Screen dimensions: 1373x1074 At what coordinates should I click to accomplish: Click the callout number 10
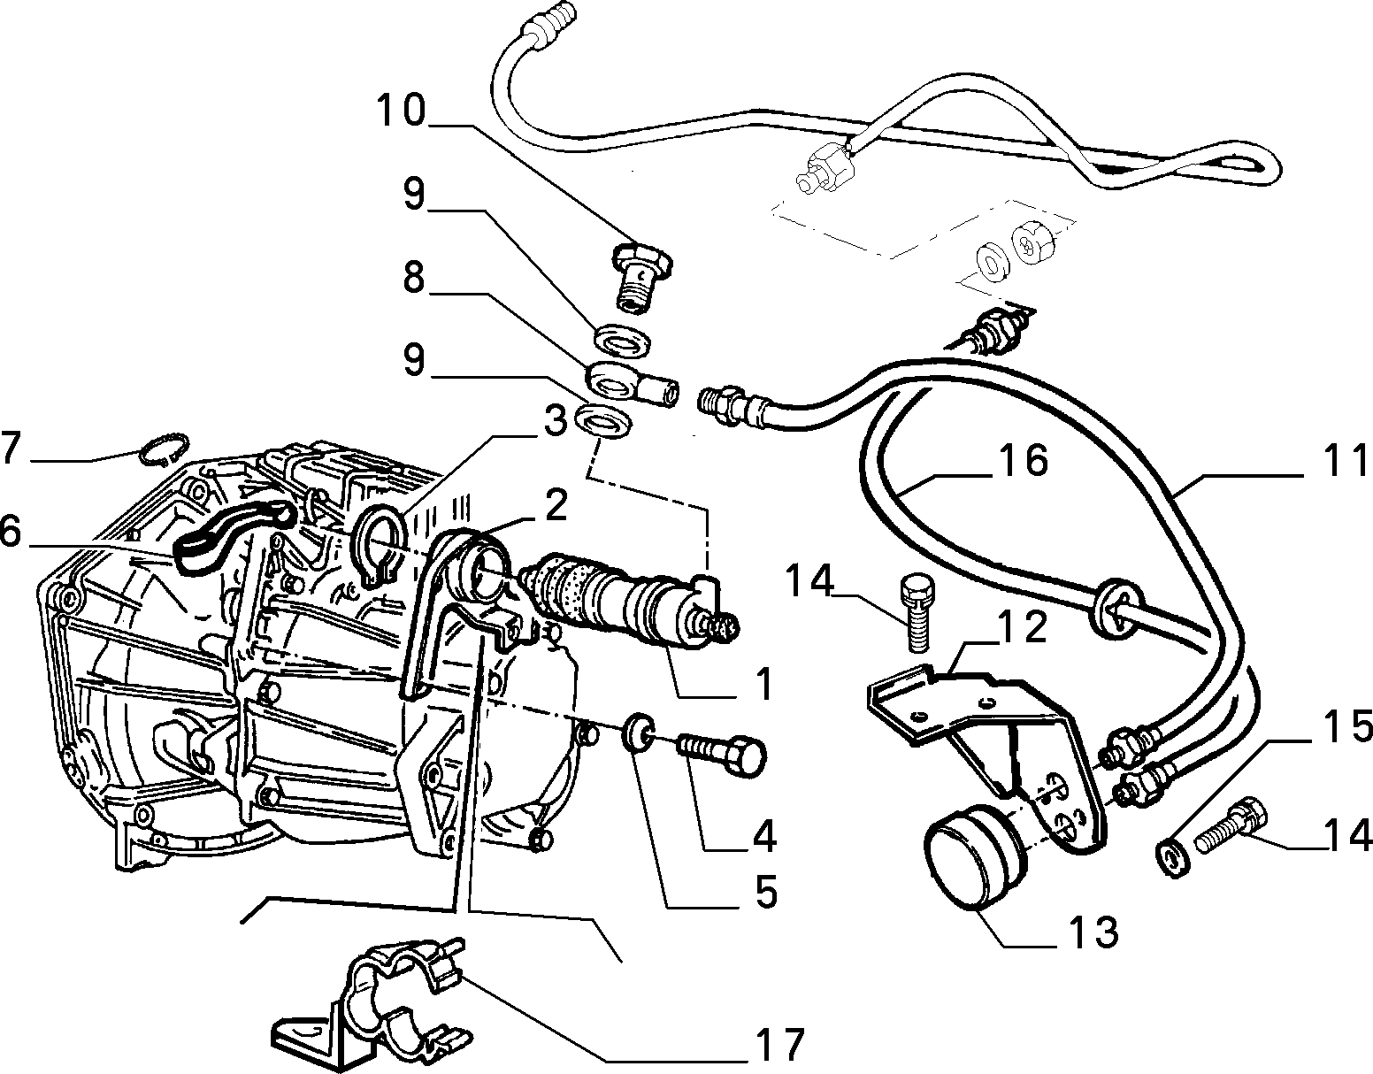(x=402, y=111)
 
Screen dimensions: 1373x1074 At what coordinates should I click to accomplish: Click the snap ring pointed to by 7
(x=163, y=449)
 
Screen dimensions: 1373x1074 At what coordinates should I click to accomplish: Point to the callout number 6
(x=11, y=533)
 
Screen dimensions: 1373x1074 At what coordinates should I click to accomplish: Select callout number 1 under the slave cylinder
(x=763, y=683)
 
